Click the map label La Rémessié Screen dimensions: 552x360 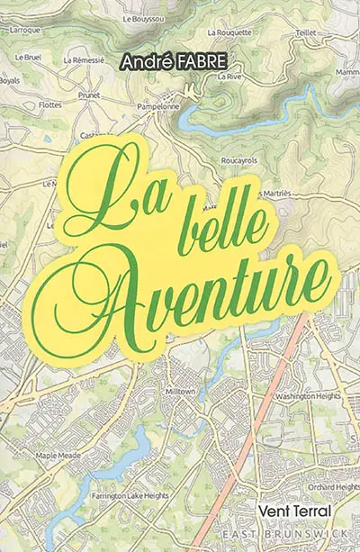pyautogui.click(x=85, y=61)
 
